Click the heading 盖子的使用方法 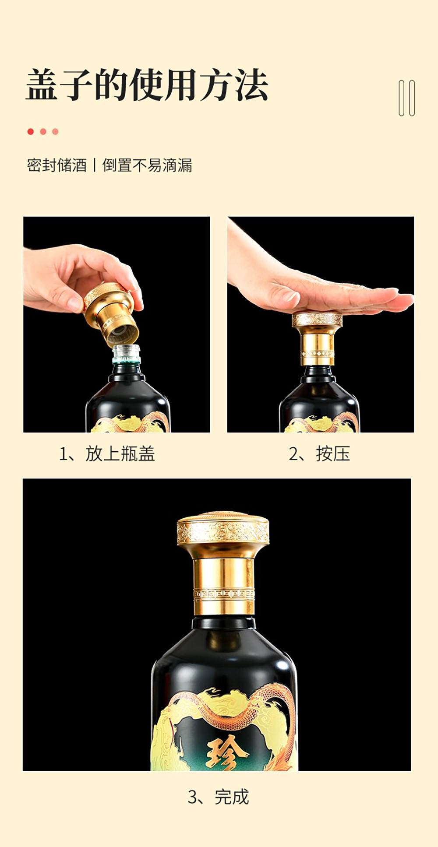click(x=147, y=85)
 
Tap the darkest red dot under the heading click(x=30, y=131)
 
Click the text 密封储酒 click(x=57, y=165)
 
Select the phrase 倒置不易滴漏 click(x=147, y=165)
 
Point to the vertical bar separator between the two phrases click(x=95, y=165)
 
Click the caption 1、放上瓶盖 click(x=107, y=453)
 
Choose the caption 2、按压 click(x=319, y=453)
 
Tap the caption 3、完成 click(x=218, y=797)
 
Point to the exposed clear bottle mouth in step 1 click(x=127, y=354)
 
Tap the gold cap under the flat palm click(x=317, y=339)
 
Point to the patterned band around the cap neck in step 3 click(x=224, y=594)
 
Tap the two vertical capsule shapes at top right click(x=406, y=98)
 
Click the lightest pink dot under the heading click(x=55, y=131)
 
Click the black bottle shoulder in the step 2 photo click(x=319, y=396)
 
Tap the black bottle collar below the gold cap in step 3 click(x=224, y=622)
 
